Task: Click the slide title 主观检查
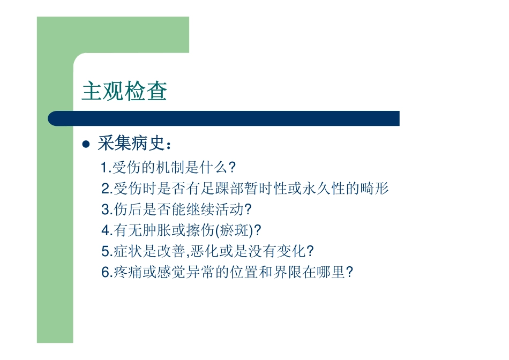point(124,92)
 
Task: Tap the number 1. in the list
point(105,168)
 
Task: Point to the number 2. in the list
point(106,189)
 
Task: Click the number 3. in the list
point(106,209)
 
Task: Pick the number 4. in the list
point(106,231)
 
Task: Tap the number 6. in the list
point(106,273)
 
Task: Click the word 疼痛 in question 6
point(126,273)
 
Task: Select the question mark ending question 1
point(232,168)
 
